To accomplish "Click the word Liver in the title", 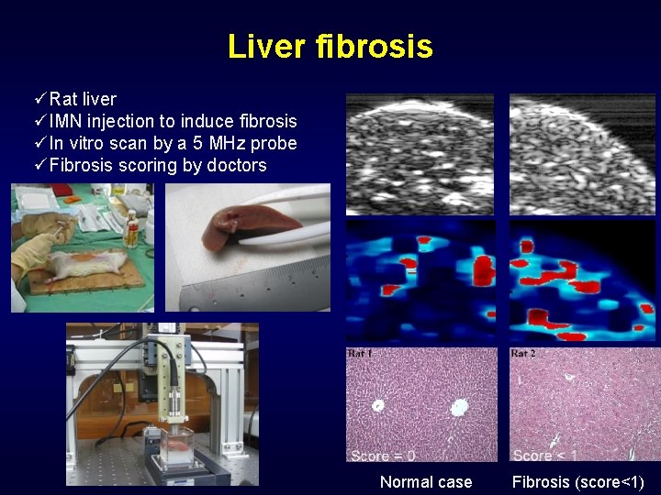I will click(x=267, y=46).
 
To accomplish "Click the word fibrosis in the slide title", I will click(x=374, y=46).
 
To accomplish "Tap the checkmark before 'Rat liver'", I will click(x=39, y=98).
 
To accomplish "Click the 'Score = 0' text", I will click(x=382, y=455).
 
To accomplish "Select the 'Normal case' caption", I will click(x=425, y=482).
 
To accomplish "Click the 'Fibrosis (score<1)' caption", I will click(x=577, y=482).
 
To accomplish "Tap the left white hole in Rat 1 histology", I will click(x=377, y=405).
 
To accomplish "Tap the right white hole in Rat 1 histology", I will click(x=460, y=404).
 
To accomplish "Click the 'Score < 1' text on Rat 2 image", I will click(x=544, y=455).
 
